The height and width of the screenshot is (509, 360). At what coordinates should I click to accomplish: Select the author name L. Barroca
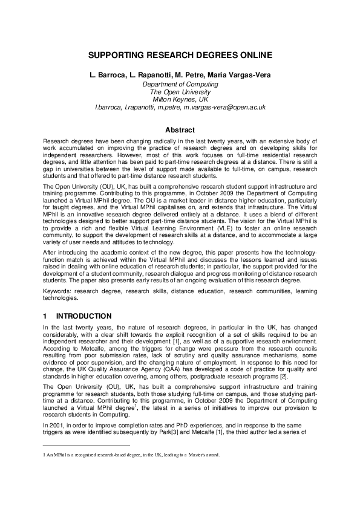pyautogui.click(x=107, y=75)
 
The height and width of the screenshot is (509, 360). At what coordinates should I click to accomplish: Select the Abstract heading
pyautogui.click(x=180, y=130)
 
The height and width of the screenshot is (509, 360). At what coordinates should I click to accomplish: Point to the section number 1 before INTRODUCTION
pyautogui.click(x=45, y=316)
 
